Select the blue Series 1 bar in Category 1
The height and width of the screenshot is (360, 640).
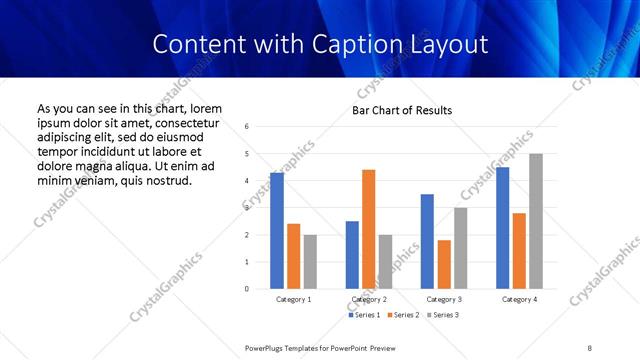(277, 231)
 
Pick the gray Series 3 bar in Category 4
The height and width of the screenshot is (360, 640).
(536, 221)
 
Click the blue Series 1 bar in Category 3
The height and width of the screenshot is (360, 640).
(427, 241)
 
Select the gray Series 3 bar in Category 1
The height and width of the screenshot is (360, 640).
(311, 262)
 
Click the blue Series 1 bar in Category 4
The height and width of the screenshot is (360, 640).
(502, 228)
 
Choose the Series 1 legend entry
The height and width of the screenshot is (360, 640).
(366, 316)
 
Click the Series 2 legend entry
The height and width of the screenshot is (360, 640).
(404, 316)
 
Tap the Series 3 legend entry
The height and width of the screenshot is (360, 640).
(442, 316)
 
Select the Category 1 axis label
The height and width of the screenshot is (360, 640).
(294, 299)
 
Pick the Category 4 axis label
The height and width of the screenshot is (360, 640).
(519, 299)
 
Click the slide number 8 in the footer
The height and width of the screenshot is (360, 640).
(590, 346)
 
